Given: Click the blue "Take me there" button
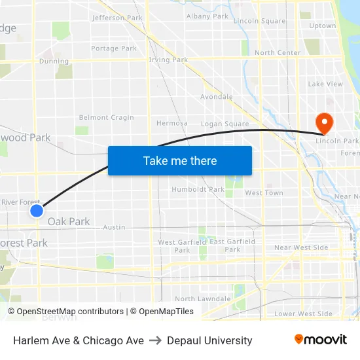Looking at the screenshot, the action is [180, 160].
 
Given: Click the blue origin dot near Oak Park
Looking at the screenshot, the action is [37, 210].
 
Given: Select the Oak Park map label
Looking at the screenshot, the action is [69, 222].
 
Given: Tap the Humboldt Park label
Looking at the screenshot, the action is [198, 189].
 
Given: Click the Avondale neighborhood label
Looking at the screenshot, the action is [217, 97].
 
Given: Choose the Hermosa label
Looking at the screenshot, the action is [172, 122].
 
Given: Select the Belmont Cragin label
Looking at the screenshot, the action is [106, 118].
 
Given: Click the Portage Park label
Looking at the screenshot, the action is [114, 48].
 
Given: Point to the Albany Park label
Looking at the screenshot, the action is [207, 16].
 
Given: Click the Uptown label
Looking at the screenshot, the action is [322, 26].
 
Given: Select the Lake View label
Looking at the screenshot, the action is [325, 84].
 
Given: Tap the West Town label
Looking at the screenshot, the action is [264, 193].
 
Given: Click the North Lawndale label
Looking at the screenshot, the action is [202, 298].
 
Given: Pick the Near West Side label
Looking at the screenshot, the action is [301, 247].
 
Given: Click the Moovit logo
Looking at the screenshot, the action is [321, 340].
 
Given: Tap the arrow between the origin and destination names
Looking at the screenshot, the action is [155, 340].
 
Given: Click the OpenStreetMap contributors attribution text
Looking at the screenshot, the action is [65, 312].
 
